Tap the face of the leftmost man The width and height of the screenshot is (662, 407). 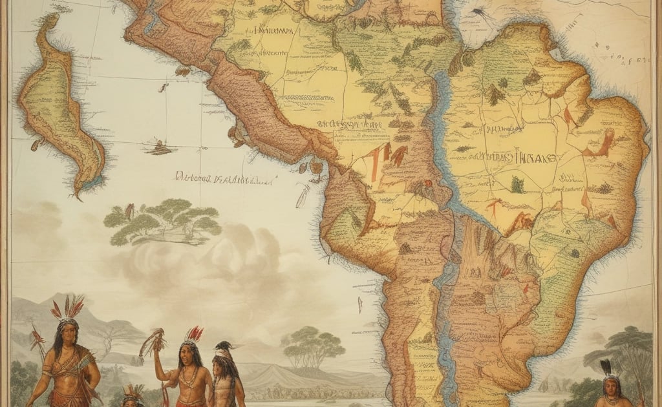pos(68,331)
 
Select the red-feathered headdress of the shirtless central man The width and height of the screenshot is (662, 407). pos(193,335)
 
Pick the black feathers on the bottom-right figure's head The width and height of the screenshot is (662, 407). pos(607,368)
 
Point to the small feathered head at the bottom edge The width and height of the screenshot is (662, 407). pos(134,394)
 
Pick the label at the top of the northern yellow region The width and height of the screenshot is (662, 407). pos(275,30)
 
